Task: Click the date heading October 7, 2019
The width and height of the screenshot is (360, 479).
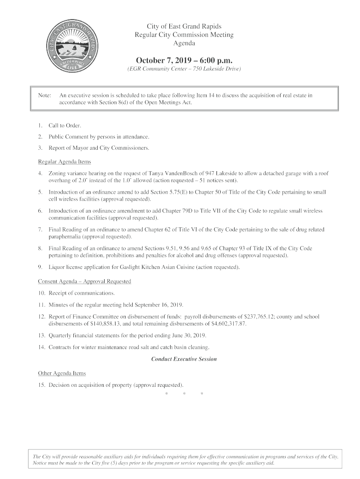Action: (x=184, y=60)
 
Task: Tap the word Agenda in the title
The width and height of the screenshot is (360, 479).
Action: (x=184, y=44)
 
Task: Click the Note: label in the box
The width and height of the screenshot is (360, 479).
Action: (x=44, y=95)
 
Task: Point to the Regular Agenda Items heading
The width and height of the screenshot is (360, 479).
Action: (x=64, y=162)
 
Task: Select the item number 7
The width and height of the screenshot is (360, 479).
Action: (x=41, y=230)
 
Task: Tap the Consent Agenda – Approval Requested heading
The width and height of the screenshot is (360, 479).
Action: (x=84, y=282)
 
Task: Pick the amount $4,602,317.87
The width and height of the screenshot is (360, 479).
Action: (x=226, y=324)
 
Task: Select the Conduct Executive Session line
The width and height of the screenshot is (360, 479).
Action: (x=184, y=359)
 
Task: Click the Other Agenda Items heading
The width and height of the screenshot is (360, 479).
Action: (x=62, y=373)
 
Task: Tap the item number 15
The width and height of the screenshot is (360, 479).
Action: (x=41, y=385)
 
